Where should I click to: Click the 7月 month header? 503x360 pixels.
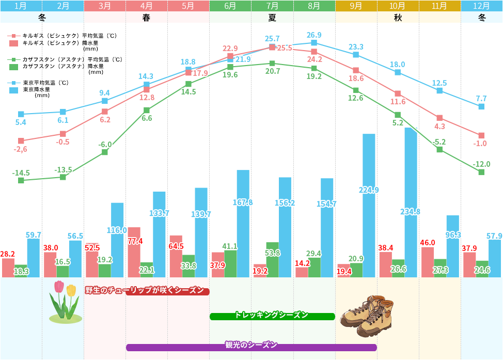click(x=272, y=6)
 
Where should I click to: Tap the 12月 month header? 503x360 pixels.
click(x=481, y=6)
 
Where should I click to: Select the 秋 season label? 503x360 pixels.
click(x=398, y=17)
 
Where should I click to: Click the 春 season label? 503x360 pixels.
click(x=146, y=17)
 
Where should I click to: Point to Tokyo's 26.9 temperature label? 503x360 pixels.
click(x=314, y=35)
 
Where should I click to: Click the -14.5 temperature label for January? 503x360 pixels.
click(x=21, y=173)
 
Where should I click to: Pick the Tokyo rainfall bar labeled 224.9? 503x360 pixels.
click(x=369, y=206)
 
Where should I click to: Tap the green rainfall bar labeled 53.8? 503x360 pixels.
click(x=272, y=260)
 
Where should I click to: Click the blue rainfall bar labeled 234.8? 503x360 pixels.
click(x=411, y=202)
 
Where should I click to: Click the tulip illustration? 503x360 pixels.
click(x=65, y=302)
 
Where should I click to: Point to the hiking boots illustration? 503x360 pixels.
click(x=367, y=317)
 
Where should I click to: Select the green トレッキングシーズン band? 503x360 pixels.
click(x=272, y=316)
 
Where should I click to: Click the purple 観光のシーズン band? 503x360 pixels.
click(x=251, y=347)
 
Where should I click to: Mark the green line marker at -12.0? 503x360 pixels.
click(x=481, y=172)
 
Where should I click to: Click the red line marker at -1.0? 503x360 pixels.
click(x=481, y=135)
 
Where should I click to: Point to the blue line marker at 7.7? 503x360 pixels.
click(x=481, y=106)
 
